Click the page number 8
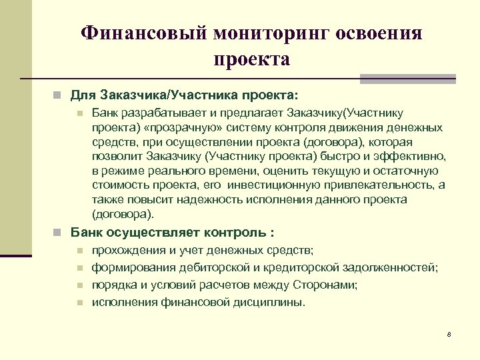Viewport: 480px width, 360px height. pos(449,334)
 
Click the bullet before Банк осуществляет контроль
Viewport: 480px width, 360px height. pos(59,233)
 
